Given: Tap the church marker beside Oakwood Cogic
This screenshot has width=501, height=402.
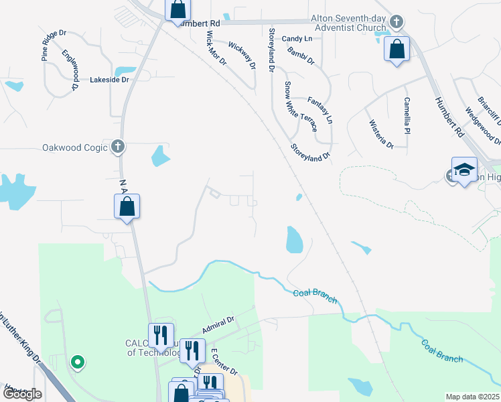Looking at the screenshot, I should (x=118, y=146).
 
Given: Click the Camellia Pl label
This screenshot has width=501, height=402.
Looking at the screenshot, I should (x=407, y=115).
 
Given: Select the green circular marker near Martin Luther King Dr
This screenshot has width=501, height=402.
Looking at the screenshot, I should (x=78, y=362).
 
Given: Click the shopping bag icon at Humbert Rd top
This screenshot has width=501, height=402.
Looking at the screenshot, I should (x=178, y=10).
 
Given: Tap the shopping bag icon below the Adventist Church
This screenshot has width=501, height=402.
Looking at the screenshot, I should (x=397, y=49).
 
